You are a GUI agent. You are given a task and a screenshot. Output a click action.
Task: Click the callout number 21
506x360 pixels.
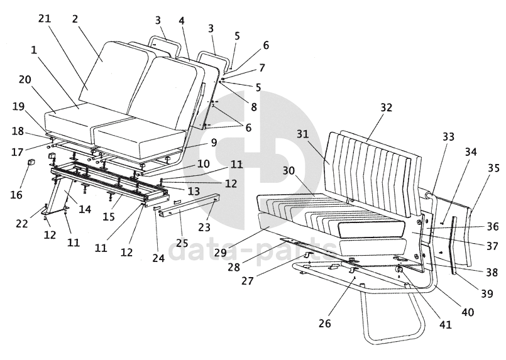pos(44,18)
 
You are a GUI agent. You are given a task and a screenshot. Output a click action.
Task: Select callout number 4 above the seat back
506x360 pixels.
pos(182,21)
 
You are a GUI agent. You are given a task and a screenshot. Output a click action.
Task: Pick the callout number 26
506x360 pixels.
pos(324,324)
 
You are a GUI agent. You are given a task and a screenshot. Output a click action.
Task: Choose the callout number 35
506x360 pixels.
pos(493,168)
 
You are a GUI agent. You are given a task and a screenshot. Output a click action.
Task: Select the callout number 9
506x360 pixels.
pos(214,143)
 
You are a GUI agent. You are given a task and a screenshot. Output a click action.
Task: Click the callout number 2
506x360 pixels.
pos(75,18)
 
